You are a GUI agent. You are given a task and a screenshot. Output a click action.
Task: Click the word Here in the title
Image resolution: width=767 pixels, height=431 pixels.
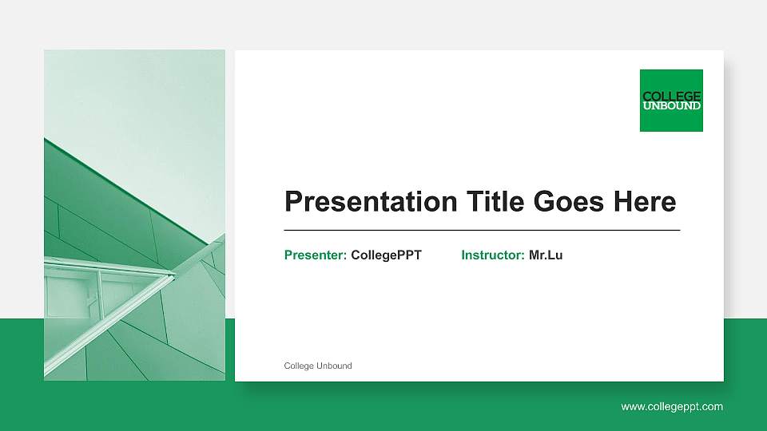click(x=644, y=202)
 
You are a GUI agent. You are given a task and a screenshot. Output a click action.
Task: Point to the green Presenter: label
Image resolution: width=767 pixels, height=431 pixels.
click(x=316, y=255)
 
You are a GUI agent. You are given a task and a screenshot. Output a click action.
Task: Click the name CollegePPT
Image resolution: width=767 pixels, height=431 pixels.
click(x=386, y=255)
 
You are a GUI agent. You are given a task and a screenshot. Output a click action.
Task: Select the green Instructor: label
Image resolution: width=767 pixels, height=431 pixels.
click(x=493, y=255)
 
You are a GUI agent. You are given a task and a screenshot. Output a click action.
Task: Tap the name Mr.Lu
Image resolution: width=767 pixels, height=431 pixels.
click(x=546, y=255)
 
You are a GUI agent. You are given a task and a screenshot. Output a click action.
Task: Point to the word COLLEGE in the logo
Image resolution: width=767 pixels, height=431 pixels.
click(x=671, y=97)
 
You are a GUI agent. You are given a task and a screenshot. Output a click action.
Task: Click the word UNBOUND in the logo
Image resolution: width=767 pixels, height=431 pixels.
click(x=671, y=105)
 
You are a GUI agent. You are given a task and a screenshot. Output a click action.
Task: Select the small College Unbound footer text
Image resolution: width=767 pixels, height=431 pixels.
click(x=318, y=366)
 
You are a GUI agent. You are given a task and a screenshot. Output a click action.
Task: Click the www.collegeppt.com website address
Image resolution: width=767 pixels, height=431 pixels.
click(x=672, y=407)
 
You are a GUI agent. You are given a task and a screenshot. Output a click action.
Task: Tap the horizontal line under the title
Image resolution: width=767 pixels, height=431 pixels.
click(x=482, y=230)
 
